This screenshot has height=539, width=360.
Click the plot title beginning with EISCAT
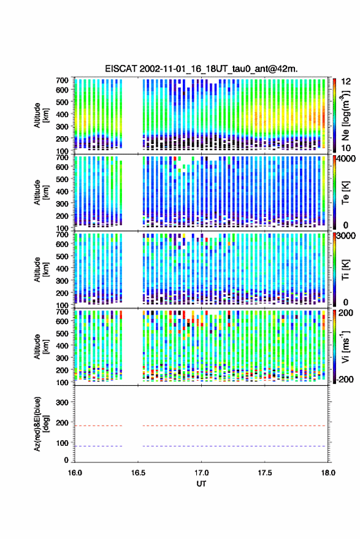click(202, 69)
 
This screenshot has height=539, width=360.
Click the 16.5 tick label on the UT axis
click(138, 473)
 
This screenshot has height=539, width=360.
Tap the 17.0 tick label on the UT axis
click(201, 473)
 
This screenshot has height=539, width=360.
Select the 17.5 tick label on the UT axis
click(264, 473)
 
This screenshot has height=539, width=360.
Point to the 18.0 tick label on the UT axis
click(328, 473)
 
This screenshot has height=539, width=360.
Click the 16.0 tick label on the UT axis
click(75, 473)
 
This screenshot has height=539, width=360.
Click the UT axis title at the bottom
click(201, 484)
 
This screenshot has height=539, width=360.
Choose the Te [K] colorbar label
click(345, 193)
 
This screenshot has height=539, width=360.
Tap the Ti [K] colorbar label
click(345, 270)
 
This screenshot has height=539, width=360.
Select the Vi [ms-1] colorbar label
click(345, 346)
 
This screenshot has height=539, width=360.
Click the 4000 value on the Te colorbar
click(346, 159)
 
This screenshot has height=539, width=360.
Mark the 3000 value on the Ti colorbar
click(346, 236)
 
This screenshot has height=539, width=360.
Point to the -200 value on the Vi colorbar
click(344, 379)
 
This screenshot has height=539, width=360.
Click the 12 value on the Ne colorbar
click(347, 82)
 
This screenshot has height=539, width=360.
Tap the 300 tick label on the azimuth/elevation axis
click(62, 402)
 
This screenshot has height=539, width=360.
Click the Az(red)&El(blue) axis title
click(41, 424)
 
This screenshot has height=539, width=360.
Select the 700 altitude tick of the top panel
click(62, 80)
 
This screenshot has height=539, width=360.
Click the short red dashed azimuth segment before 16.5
click(99, 426)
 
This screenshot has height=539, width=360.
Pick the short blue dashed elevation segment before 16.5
click(99, 446)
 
